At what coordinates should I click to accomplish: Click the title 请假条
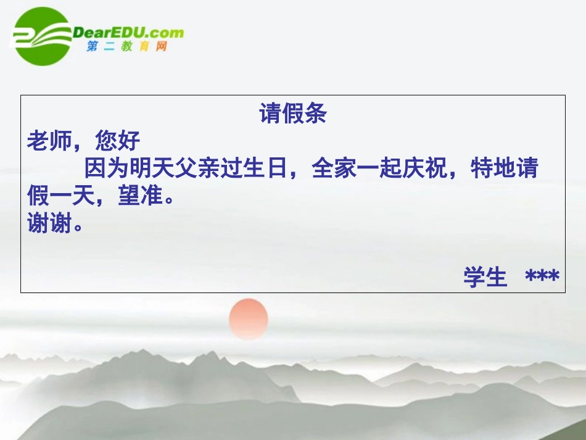(x=293, y=114)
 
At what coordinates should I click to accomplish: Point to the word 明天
(x=152, y=168)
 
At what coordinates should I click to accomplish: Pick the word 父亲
(x=197, y=168)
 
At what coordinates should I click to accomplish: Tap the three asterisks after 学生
(x=542, y=277)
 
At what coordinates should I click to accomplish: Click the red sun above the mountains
(x=249, y=318)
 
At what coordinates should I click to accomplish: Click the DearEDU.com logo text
(x=128, y=32)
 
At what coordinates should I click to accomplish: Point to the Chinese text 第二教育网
(x=127, y=47)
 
